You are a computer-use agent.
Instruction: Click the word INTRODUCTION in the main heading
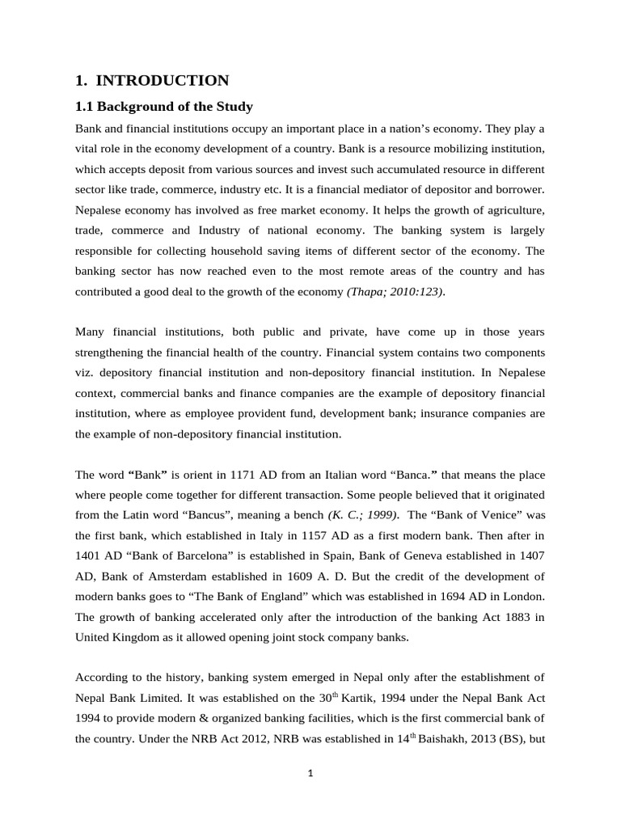(x=163, y=80)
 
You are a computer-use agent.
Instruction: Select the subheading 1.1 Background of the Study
(x=164, y=107)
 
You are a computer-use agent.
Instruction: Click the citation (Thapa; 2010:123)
(x=395, y=291)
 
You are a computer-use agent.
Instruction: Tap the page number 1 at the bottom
(x=310, y=773)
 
